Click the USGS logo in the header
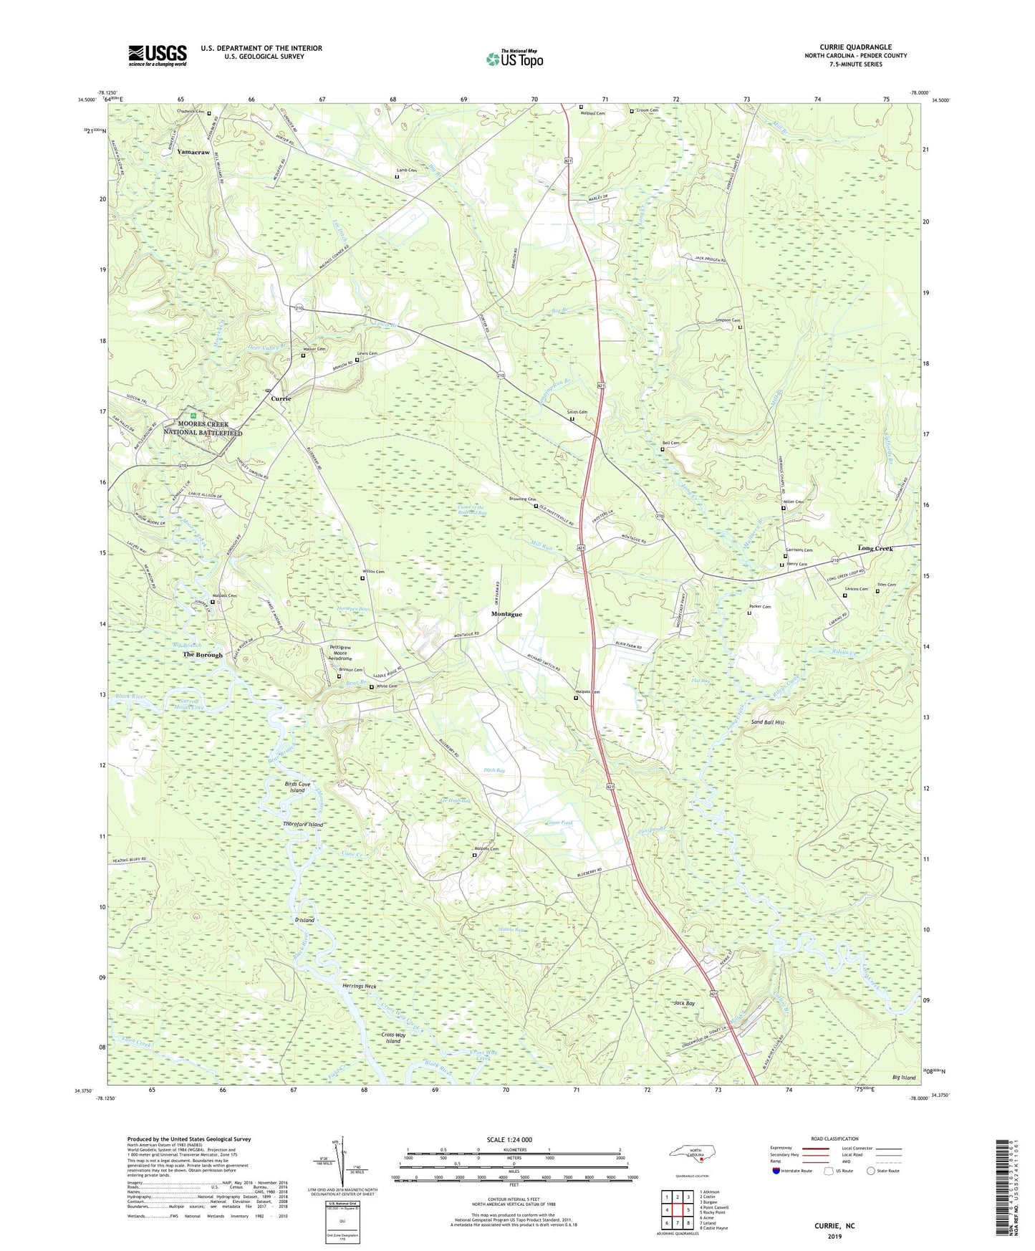point(158,55)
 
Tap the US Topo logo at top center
point(514,58)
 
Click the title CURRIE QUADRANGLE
point(855,47)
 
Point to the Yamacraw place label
point(193,153)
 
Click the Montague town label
point(506,614)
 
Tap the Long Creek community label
point(875,548)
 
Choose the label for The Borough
point(203,655)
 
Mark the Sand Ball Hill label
point(768,722)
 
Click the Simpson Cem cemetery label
point(727,320)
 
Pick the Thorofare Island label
point(303,825)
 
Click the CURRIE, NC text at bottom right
point(834,1226)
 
